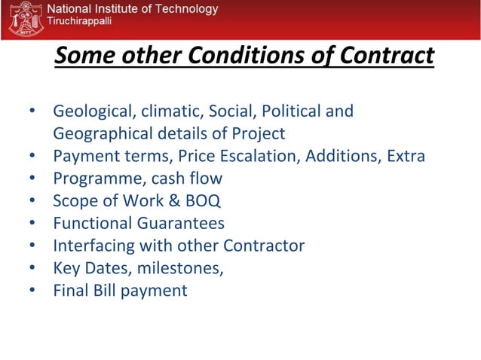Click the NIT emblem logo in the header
pos(23,19)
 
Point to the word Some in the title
pos(84,56)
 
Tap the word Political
pos(293,112)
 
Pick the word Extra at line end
pos(406,157)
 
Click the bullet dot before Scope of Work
pos(33,202)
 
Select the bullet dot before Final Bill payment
pos(33,291)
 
